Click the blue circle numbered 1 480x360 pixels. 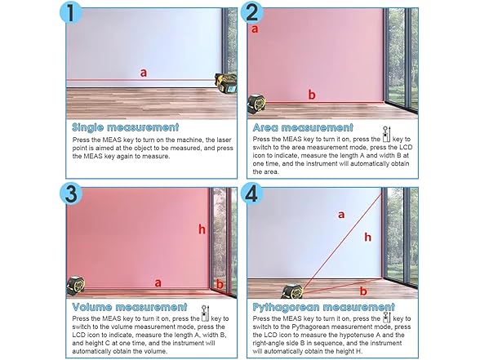coord(71,13)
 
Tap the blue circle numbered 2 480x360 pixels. coord(251,13)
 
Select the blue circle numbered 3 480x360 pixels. coord(71,193)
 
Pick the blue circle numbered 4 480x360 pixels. coord(251,193)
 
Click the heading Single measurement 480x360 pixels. coord(125,127)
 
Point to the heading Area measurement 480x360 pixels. coord(303,127)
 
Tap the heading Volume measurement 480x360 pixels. coord(130,307)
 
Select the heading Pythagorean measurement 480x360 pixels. coord(323,307)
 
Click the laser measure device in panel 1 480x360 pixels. coord(226,83)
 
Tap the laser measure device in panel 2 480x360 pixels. coord(256,104)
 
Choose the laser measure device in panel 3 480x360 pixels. coord(76,286)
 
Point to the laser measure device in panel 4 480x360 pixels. coord(292,291)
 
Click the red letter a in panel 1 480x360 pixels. coord(144,73)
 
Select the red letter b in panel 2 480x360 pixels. coord(312,95)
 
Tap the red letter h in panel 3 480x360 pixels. coord(202,229)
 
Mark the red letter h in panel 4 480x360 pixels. coord(367,237)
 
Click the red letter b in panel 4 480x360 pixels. coord(363,291)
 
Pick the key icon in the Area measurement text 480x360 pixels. coord(386,135)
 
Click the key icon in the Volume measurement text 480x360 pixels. coord(205,313)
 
